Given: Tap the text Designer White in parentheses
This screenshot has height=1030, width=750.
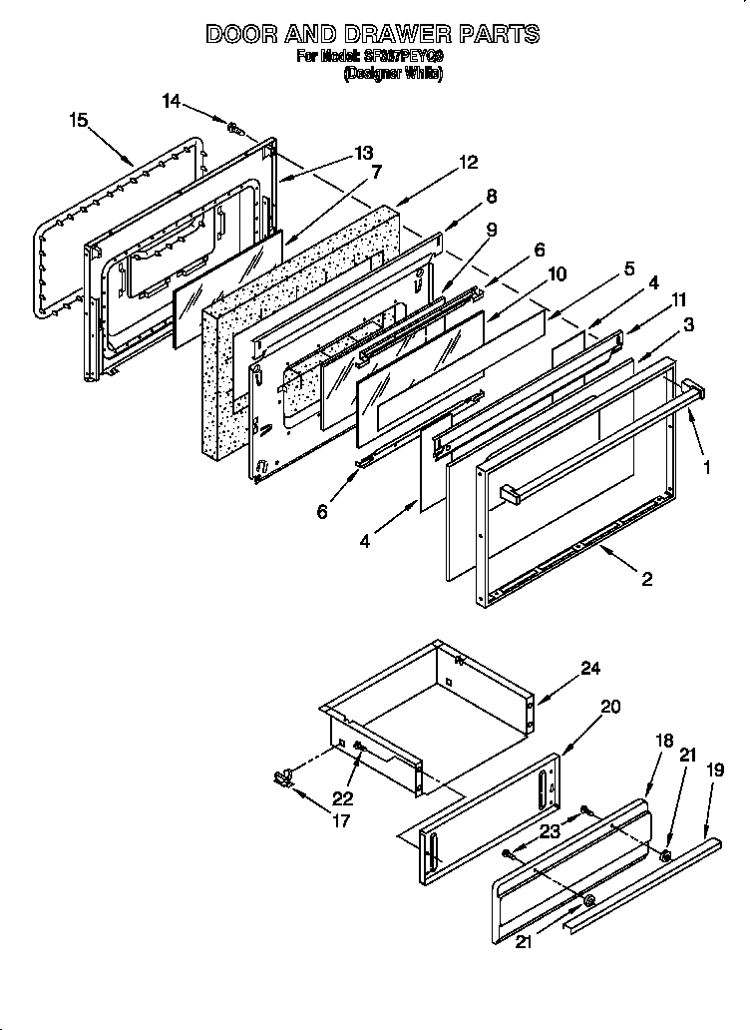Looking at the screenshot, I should tap(392, 74).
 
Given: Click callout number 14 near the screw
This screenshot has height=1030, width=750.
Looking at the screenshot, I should tap(172, 100).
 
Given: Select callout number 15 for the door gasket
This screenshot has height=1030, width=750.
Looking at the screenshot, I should tap(79, 120).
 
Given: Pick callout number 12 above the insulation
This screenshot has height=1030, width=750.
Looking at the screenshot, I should tap(468, 163).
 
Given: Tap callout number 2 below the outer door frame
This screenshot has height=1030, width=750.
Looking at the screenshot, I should tap(647, 579).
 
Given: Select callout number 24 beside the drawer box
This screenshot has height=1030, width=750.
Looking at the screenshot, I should tap(590, 669).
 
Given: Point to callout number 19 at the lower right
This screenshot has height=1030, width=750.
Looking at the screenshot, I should tap(714, 770).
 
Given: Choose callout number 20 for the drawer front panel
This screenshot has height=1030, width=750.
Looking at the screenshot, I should tap(610, 707).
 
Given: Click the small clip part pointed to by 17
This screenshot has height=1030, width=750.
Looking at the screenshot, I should tap(281, 776).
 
